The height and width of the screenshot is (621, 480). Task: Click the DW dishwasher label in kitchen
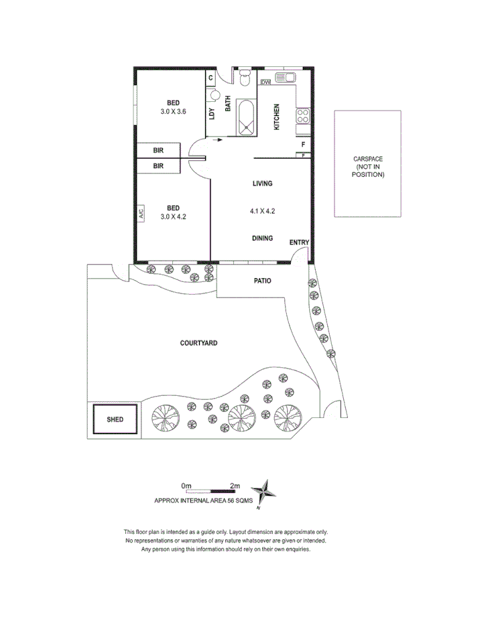click(265, 82)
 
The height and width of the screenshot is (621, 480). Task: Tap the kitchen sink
click(288, 78)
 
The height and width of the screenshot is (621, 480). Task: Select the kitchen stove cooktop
click(303, 116)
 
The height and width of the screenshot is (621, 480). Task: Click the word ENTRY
click(299, 242)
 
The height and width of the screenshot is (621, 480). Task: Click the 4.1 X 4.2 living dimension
click(262, 211)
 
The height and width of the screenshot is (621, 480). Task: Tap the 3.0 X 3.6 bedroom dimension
click(172, 111)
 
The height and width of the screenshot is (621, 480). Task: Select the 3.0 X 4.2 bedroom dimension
click(172, 216)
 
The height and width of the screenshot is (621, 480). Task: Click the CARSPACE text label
click(368, 159)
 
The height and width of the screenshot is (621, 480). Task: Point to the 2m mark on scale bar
click(235, 485)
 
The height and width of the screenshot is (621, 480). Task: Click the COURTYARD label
click(198, 343)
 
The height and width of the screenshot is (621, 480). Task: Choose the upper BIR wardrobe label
click(158, 151)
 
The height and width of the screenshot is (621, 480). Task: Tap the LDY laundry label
click(212, 114)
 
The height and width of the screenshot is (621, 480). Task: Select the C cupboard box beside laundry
click(211, 78)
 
